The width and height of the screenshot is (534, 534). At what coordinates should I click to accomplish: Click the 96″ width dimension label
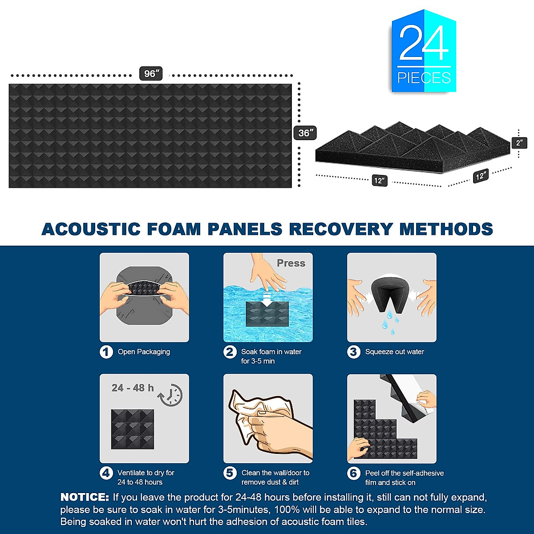pyautogui.click(x=151, y=73)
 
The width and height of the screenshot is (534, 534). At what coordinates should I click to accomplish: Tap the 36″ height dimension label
pyautogui.click(x=305, y=133)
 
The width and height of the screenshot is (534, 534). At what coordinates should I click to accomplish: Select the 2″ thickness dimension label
pyautogui.click(x=519, y=143)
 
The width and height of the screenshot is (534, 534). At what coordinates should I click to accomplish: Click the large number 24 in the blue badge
pyautogui.click(x=423, y=43)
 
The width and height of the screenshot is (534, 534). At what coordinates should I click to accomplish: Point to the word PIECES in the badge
pyautogui.click(x=424, y=78)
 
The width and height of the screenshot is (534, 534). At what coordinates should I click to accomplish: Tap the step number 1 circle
pyautogui.click(x=106, y=352)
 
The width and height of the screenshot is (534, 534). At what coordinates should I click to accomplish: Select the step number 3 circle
pyautogui.click(x=353, y=352)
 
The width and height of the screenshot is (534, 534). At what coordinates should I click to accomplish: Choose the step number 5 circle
pyautogui.click(x=230, y=473)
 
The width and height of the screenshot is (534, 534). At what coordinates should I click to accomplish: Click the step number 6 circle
pyautogui.click(x=353, y=473)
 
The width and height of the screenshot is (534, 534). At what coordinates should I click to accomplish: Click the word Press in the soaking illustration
pyautogui.click(x=291, y=263)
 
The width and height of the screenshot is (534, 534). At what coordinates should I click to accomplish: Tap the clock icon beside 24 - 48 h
pyautogui.click(x=171, y=394)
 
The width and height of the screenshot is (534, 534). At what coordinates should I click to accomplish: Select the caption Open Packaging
pyautogui.click(x=144, y=352)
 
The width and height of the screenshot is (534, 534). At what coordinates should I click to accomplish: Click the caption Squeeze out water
pyautogui.click(x=394, y=352)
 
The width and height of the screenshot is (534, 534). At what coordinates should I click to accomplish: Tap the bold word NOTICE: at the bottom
pyautogui.click(x=85, y=497)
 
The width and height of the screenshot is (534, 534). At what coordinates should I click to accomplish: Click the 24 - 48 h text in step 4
pyautogui.click(x=132, y=388)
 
